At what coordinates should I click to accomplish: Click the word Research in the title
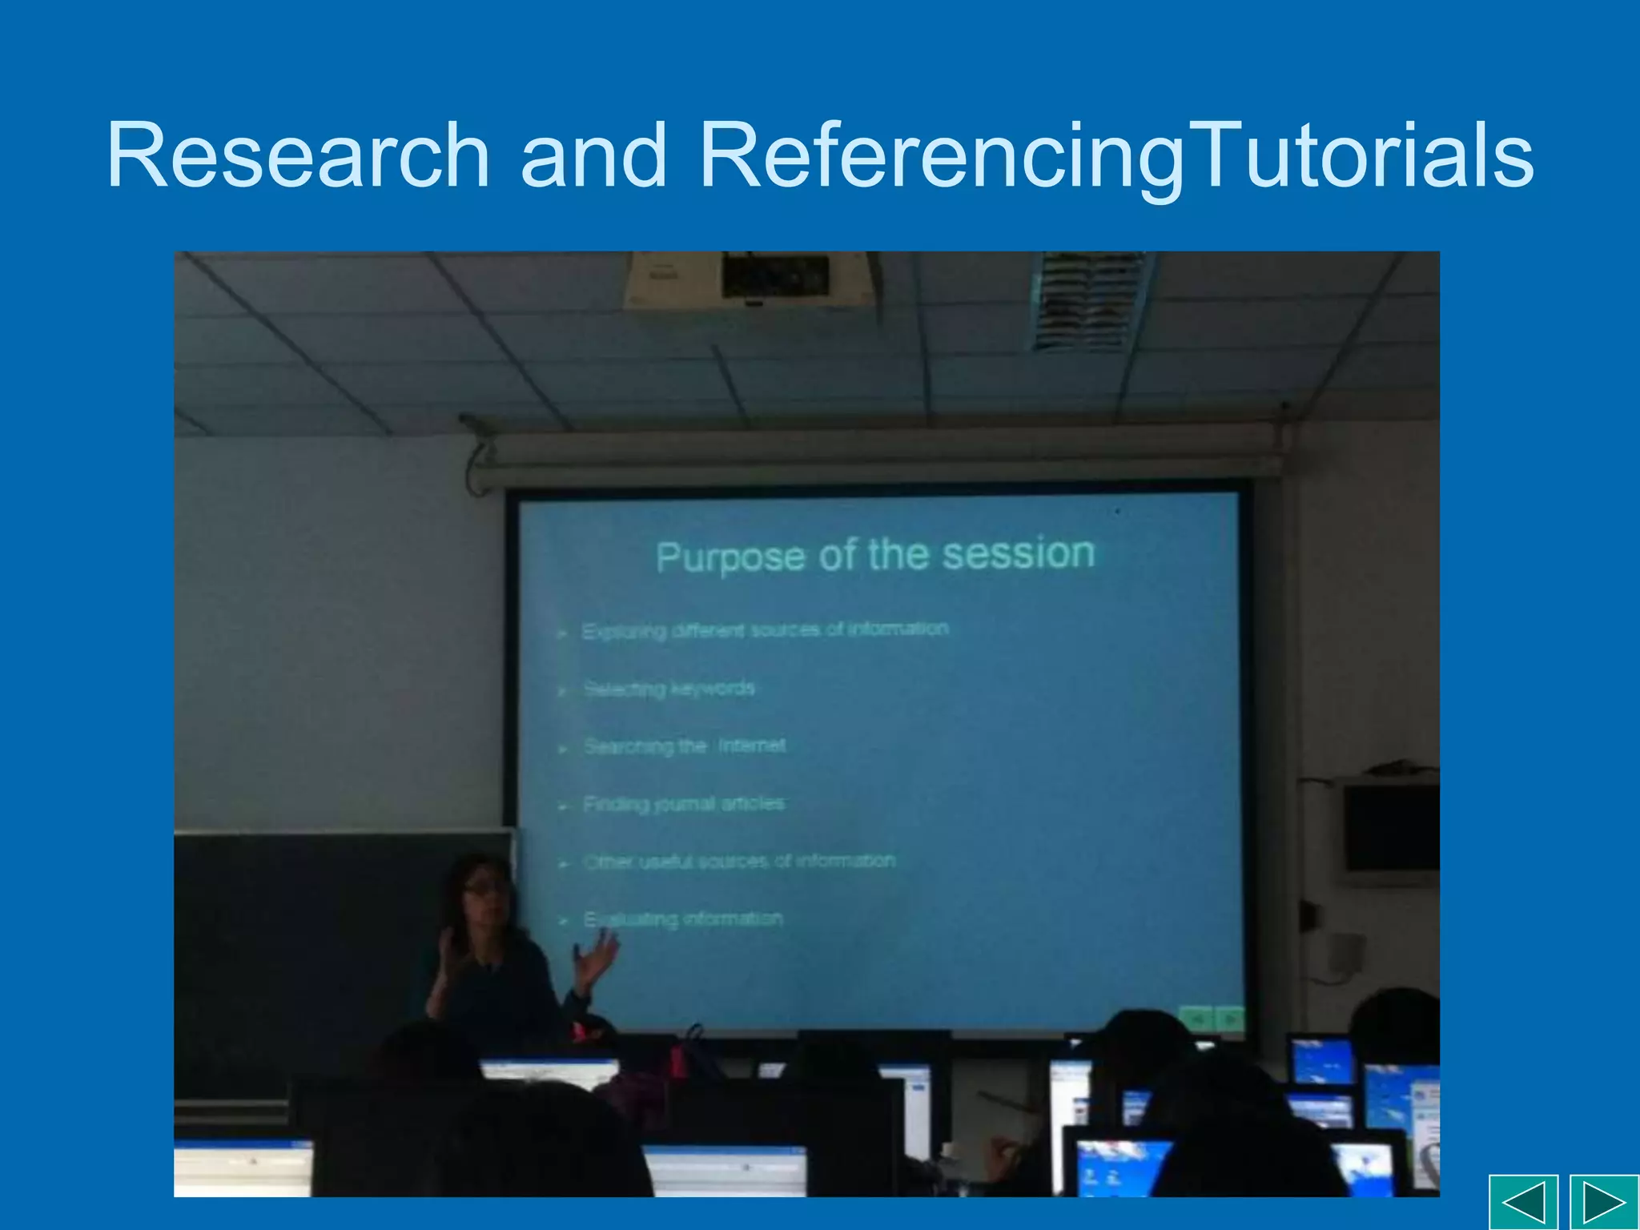(298, 155)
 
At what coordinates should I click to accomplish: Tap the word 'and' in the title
(593, 155)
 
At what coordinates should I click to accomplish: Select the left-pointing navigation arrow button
(1523, 1202)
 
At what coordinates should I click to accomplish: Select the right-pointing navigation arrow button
(1604, 1202)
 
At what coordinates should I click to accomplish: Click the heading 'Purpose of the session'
(875, 555)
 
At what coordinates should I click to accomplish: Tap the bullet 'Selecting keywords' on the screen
(669, 689)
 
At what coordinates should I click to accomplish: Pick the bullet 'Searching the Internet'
(685, 746)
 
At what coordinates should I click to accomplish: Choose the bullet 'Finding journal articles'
(684, 803)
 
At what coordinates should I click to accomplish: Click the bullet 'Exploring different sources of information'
(765, 630)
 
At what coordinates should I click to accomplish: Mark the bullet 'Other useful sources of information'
(739, 861)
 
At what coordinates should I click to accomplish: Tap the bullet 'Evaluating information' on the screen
(683, 918)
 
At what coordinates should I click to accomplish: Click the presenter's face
(485, 890)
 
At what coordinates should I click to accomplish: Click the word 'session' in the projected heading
(1018, 553)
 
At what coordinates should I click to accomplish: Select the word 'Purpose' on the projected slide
(730, 557)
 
